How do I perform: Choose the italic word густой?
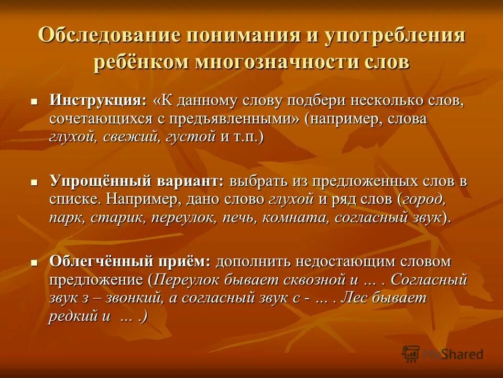click(190, 137)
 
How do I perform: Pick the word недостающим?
click(336, 261)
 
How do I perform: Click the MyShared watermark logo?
click(443, 354)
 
